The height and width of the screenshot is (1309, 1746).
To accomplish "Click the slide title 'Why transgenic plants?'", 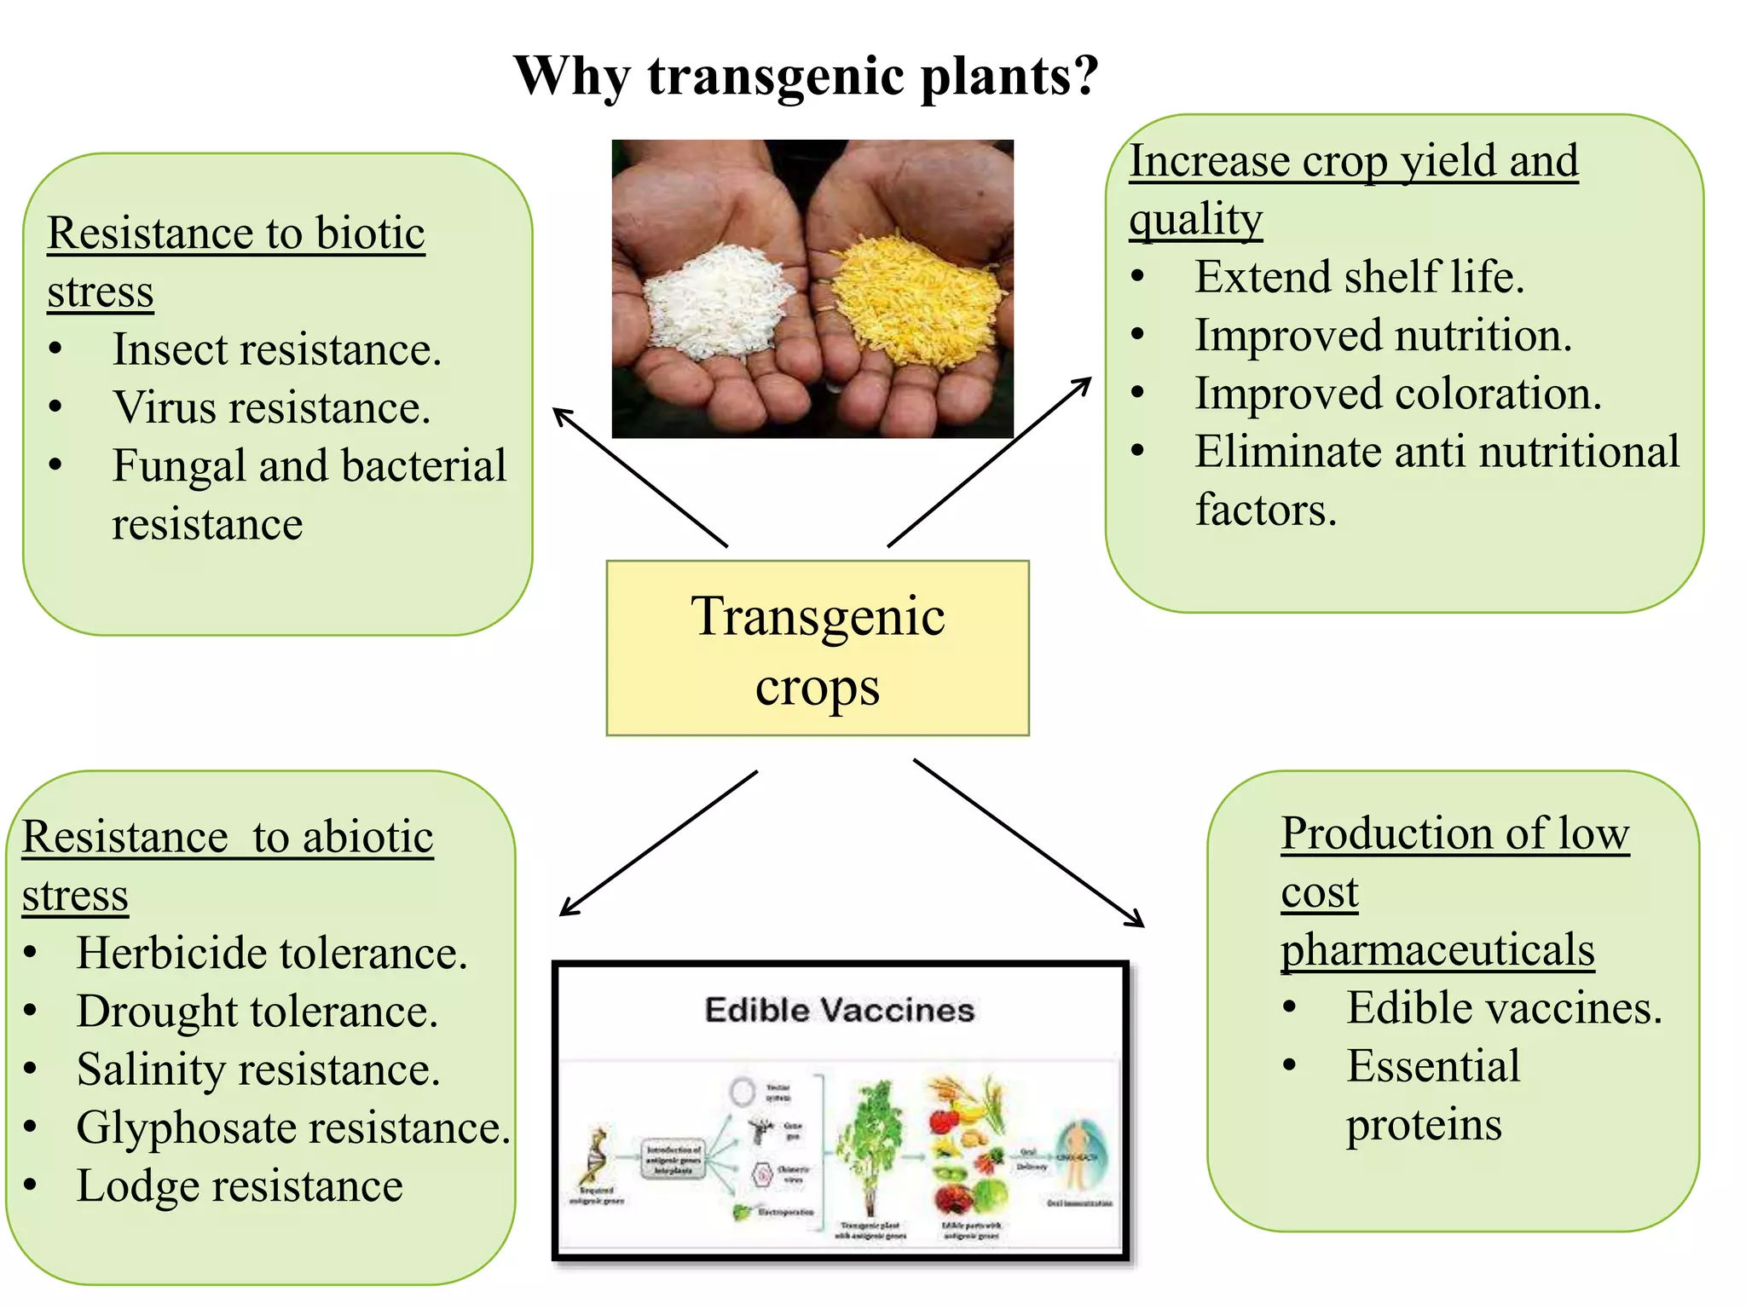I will tap(806, 76).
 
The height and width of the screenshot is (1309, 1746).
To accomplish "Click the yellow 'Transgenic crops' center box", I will tap(818, 649).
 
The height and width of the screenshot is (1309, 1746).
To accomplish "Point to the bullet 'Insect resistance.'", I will tap(277, 350).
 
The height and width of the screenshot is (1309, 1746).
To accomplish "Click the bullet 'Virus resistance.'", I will tap(271, 408).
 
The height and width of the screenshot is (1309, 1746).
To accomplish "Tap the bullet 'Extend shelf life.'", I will tap(1359, 278).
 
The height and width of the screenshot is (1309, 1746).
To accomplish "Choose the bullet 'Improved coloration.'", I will tap(1397, 395).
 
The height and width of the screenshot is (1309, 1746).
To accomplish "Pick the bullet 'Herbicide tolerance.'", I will tap(271, 954).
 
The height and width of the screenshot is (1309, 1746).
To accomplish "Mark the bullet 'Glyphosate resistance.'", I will tap(292, 1128).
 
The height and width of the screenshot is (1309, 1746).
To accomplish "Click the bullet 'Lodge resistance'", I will tap(239, 1186).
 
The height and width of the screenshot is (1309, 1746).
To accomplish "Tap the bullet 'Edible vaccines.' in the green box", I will tap(1504, 1009).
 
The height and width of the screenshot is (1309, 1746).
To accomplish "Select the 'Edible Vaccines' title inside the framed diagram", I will tap(839, 1011).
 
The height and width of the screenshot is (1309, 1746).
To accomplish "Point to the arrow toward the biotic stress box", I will tap(639, 477).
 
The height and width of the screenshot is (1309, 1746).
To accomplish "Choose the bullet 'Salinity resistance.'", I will tap(257, 1070).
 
